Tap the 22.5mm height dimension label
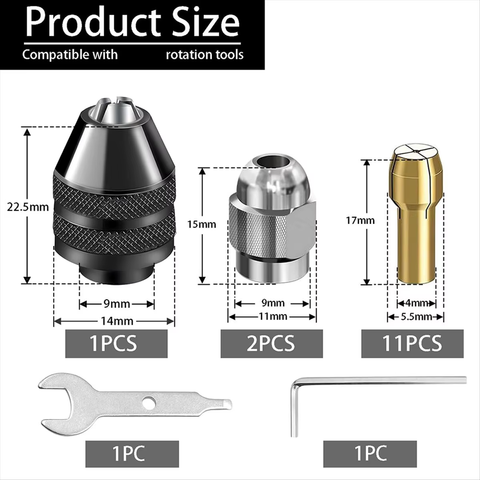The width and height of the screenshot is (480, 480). (28, 207)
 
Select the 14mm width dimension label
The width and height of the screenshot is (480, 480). (117, 321)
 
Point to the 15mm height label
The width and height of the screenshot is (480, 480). (202, 224)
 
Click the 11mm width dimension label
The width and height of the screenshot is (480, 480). (273, 316)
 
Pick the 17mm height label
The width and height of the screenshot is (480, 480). (360, 220)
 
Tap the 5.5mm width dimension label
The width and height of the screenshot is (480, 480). (416, 316)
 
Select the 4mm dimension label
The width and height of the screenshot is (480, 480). (416, 303)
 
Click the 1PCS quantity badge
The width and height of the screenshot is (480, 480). (116, 344)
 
